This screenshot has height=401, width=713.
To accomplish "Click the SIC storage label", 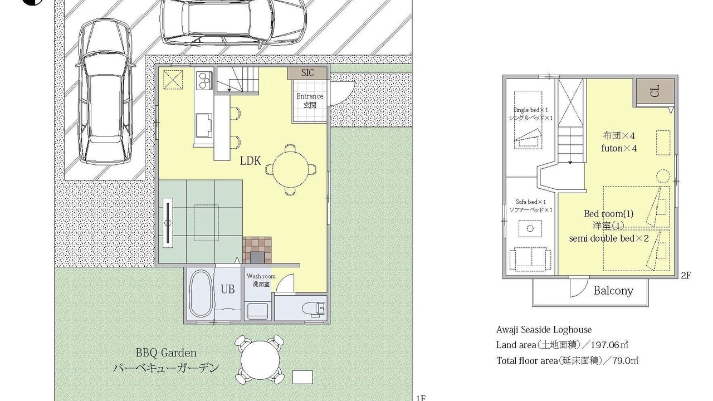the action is [x=307, y=73].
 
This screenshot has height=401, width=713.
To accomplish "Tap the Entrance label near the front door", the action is [x=310, y=96].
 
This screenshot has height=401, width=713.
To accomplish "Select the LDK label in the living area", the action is [x=250, y=161].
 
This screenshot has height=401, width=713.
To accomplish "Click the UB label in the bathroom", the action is [x=228, y=289].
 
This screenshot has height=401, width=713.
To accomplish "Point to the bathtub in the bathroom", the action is [x=201, y=294].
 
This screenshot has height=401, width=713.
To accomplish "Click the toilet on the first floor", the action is [x=314, y=309].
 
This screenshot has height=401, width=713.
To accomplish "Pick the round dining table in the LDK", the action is [x=291, y=170].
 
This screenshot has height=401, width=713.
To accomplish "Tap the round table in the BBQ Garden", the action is [x=260, y=360].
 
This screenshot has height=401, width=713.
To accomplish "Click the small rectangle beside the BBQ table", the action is [x=302, y=377].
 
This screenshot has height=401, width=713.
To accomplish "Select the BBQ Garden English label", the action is [x=166, y=353].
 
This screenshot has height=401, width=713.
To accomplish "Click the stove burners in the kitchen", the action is [x=204, y=80].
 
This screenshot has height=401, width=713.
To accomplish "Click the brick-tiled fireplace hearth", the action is [x=257, y=250].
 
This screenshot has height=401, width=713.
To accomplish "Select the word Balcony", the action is [x=613, y=291].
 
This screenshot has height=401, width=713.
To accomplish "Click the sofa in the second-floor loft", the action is [x=530, y=260].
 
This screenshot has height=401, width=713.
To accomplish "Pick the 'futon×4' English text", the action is [x=619, y=148].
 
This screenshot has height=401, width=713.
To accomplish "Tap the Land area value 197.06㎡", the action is [x=609, y=345].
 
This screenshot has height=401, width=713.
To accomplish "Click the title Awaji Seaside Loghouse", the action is [x=544, y=330].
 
